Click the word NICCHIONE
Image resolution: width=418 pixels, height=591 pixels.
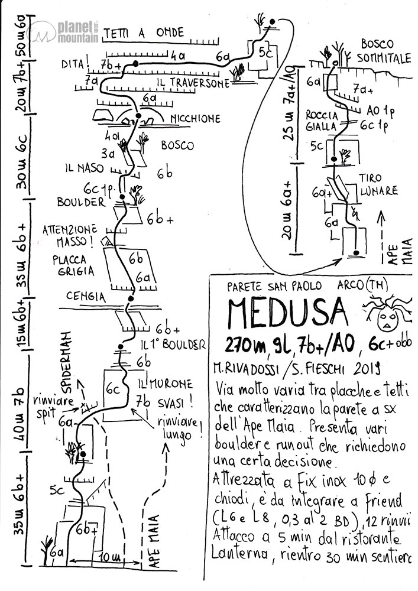[196, 119]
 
